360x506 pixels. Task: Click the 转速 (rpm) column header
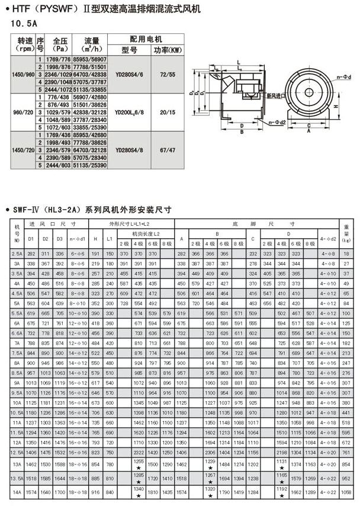click(x=23, y=44)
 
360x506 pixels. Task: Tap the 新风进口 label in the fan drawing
click(x=277, y=96)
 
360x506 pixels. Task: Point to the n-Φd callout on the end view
click(x=345, y=76)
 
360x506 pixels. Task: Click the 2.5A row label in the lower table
click(x=16, y=253)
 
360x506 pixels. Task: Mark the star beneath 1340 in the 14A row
click(x=138, y=495)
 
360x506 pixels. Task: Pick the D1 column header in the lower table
click(x=31, y=238)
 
